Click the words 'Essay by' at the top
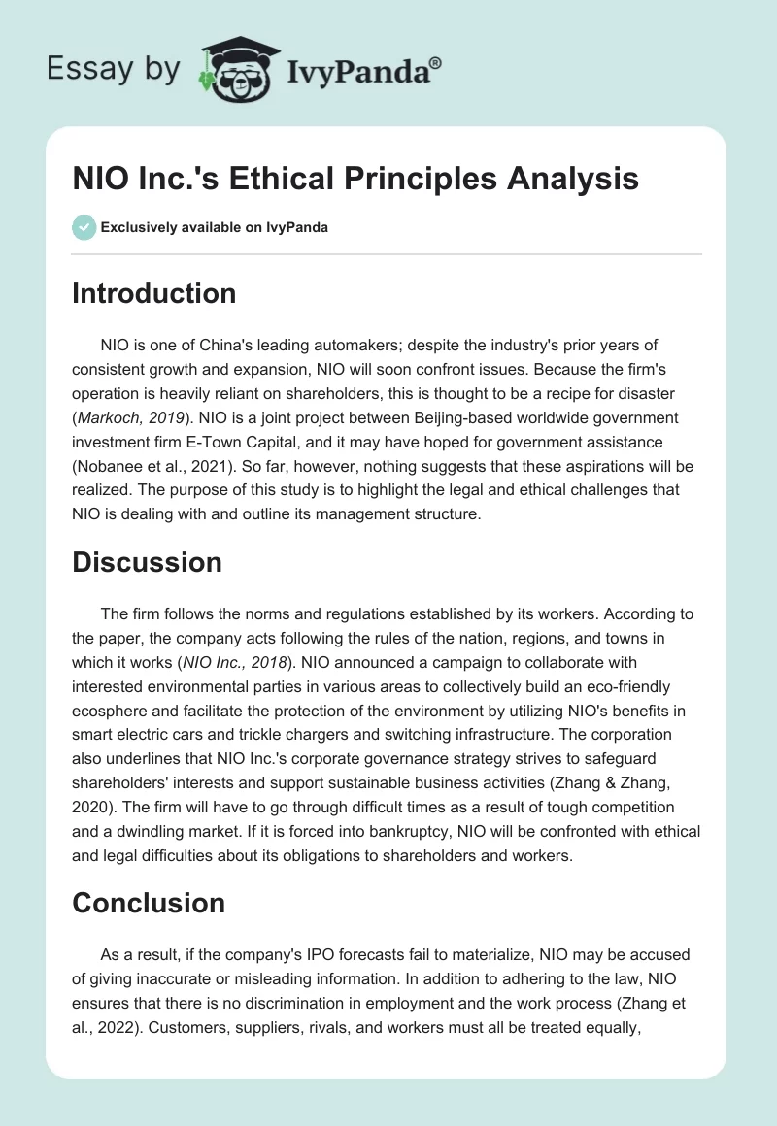pos(113,69)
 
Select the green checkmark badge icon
pos(84,227)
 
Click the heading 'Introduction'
pos(153,293)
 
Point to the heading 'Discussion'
pos(147,561)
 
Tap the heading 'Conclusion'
pos(149,903)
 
